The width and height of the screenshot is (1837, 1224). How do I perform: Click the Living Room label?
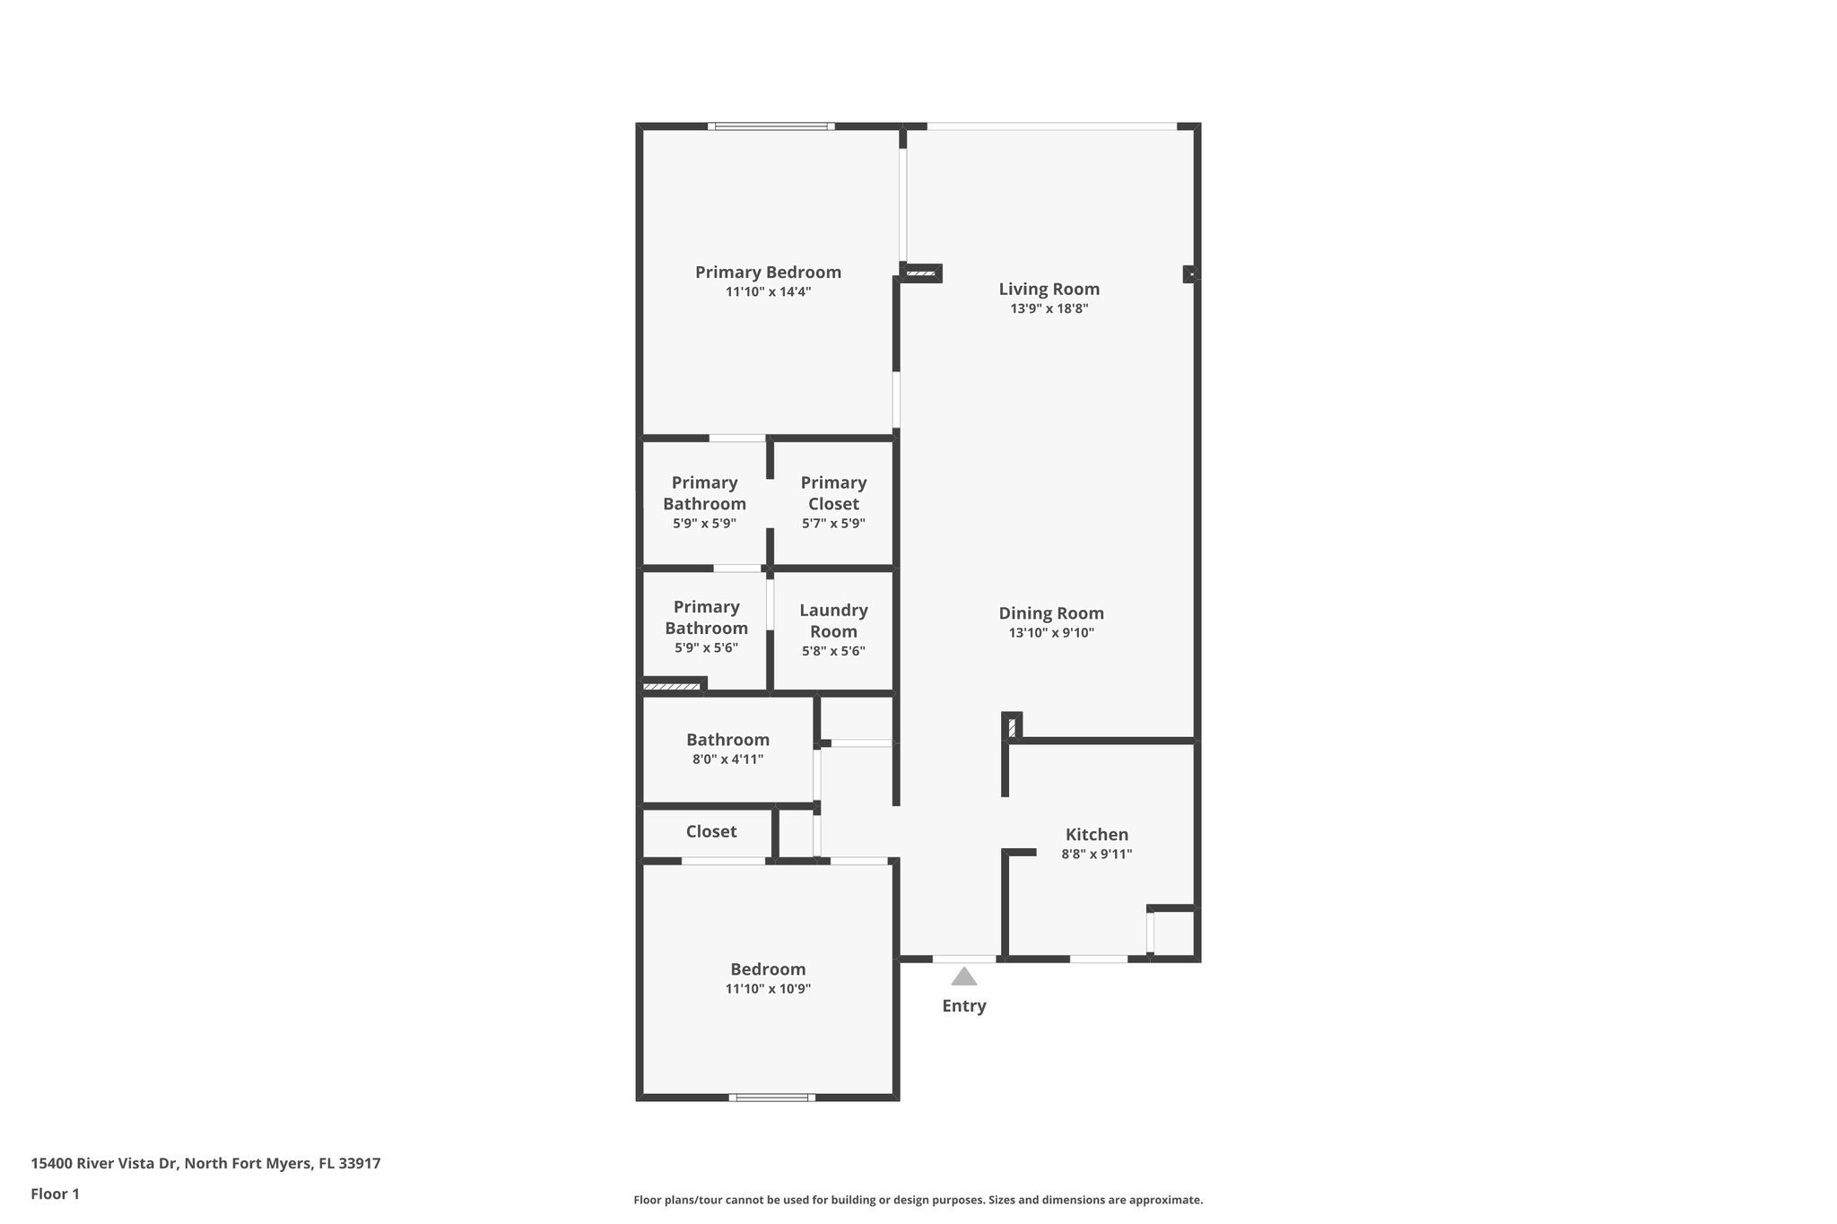[x=1049, y=289]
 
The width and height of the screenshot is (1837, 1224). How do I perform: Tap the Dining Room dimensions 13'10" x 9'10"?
[x=1050, y=633]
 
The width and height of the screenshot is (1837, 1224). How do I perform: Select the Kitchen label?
[x=1096, y=835]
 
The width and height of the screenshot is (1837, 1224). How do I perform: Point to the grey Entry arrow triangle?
[x=963, y=977]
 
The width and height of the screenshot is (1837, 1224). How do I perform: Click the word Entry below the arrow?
[x=963, y=1006]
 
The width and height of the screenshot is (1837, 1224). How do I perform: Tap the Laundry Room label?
[x=833, y=621]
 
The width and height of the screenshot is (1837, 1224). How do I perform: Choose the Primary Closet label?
[x=833, y=493]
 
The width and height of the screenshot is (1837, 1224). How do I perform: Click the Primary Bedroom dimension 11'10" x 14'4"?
[x=768, y=292]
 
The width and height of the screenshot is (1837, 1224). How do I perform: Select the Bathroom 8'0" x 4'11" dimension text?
[x=727, y=760]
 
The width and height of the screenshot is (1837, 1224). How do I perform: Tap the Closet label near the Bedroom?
[x=711, y=831]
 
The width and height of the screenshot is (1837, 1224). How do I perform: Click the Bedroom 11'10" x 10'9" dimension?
[x=768, y=989]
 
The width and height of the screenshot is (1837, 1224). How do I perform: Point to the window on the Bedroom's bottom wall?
[x=771, y=1097]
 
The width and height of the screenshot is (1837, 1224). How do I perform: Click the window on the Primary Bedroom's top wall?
[x=770, y=126]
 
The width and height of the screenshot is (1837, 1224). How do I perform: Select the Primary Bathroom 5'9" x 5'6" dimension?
[x=706, y=648]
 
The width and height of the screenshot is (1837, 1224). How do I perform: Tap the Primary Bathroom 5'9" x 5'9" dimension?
[x=704, y=524]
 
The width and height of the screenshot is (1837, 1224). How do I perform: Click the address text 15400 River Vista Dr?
[x=205, y=1164]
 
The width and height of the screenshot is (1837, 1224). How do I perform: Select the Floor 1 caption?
[x=55, y=1194]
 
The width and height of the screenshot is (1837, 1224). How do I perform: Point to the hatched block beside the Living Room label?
[x=921, y=273]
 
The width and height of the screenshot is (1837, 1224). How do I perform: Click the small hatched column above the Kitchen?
[x=1012, y=726]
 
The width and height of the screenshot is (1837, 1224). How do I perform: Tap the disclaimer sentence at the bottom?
[x=918, y=1200]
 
